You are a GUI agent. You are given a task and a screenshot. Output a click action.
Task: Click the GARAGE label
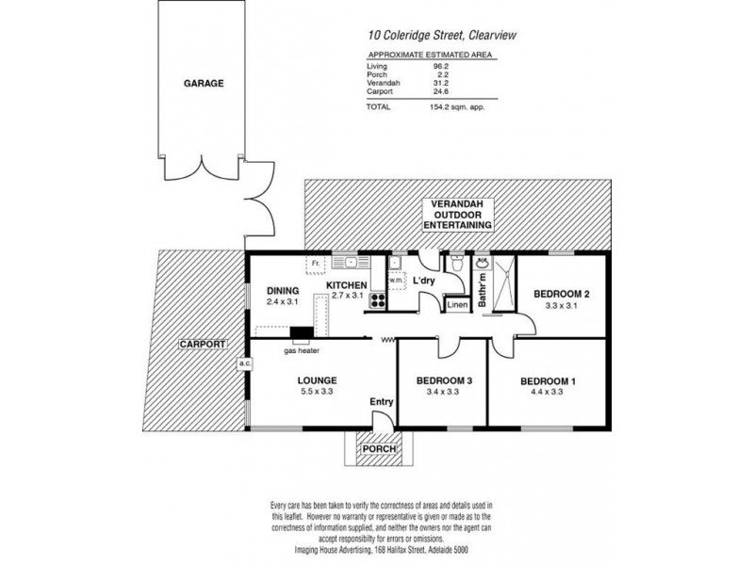tap(204, 84)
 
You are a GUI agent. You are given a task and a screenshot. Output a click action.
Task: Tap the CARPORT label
tap(200, 345)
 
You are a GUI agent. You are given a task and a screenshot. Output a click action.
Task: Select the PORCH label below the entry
tap(378, 448)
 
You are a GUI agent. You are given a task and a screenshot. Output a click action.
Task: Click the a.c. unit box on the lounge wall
tap(242, 362)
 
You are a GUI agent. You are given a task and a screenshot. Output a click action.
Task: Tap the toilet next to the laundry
tap(455, 266)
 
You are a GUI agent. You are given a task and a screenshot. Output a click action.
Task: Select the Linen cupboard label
tap(456, 304)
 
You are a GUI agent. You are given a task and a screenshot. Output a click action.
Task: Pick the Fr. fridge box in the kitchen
tap(316, 263)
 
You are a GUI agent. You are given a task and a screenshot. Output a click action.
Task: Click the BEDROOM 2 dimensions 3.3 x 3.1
tap(561, 308)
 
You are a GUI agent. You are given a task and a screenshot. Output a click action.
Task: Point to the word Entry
tap(381, 403)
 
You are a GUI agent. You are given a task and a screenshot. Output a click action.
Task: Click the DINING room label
tap(283, 290)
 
